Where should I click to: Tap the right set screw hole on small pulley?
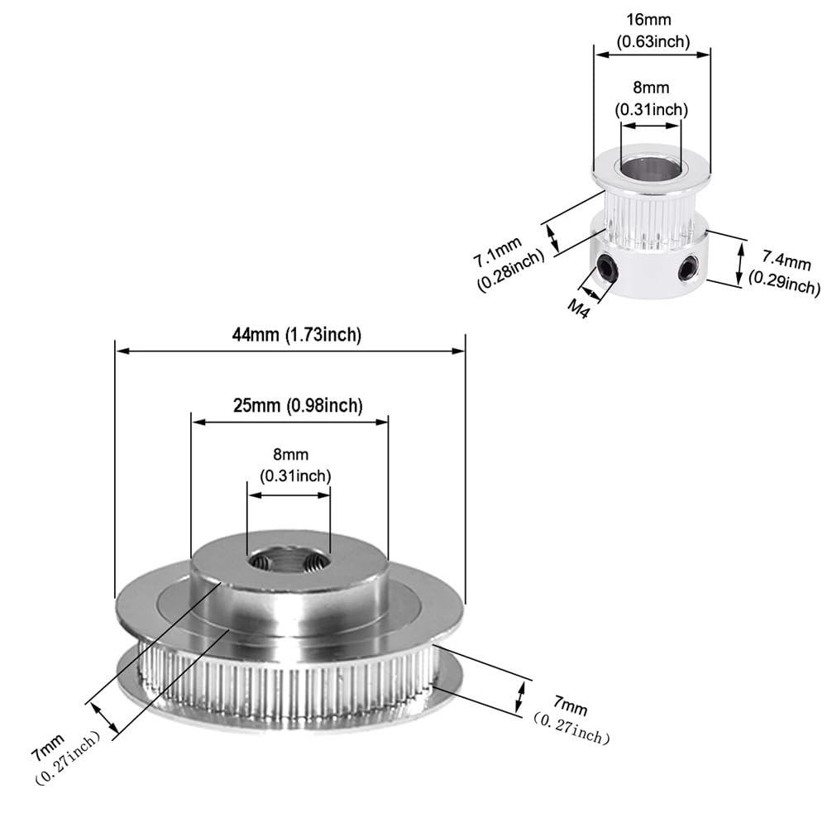tap(687, 267)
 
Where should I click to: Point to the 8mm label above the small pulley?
tap(652, 87)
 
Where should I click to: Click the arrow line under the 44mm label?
tap(289, 351)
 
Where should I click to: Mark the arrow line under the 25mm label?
tap(289, 421)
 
